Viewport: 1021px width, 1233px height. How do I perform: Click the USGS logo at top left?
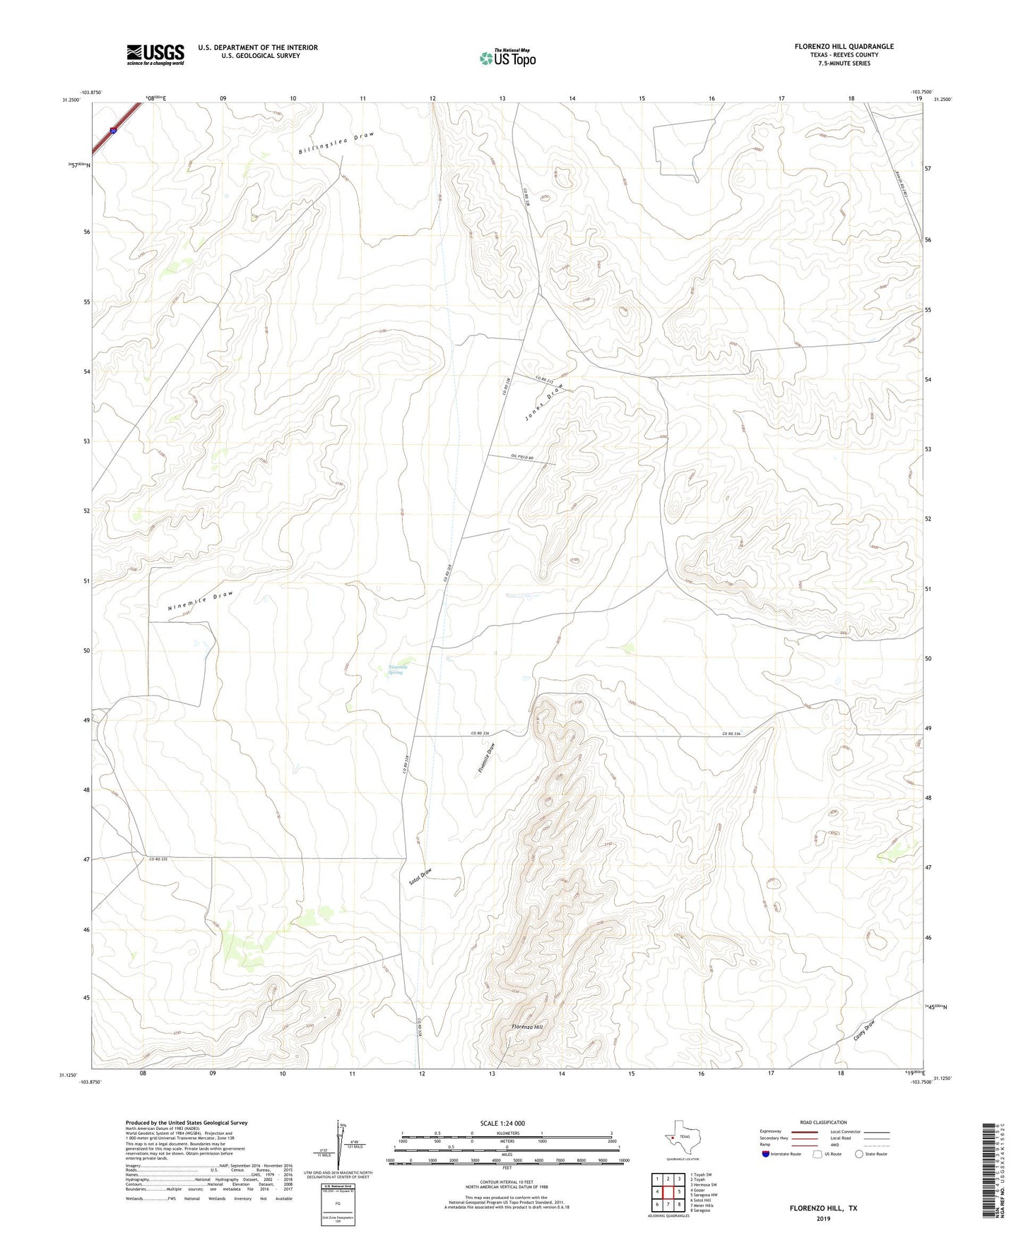(x=155, y=54)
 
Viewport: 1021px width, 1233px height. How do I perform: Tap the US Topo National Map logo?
(x=507, y=58)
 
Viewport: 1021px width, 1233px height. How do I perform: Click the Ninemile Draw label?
(x=200, y=600)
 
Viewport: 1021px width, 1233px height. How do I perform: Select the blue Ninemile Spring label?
(x=398, y=669)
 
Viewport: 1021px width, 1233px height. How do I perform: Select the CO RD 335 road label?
(x=158, y=859)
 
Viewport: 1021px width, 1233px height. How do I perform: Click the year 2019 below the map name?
(x=823, y=1218)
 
